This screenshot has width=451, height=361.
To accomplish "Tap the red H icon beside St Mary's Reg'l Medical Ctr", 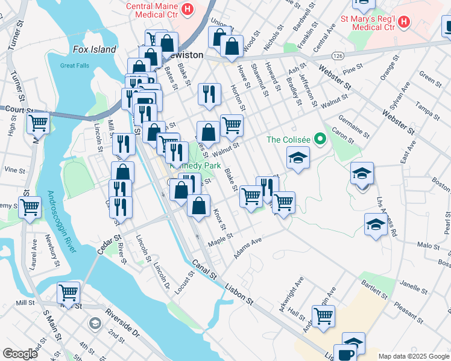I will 404,23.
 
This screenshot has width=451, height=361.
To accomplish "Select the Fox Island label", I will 95,49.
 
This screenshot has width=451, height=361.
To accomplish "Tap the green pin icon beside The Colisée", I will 321,140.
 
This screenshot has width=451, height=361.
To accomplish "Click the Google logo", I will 20,353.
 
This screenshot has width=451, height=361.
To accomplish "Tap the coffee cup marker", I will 345,353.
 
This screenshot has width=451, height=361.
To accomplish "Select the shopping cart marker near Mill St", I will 69,293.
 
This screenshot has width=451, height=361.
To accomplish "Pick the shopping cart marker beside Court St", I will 39,123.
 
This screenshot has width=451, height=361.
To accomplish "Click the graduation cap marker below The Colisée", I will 297,158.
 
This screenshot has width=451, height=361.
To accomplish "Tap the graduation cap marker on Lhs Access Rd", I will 376,224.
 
